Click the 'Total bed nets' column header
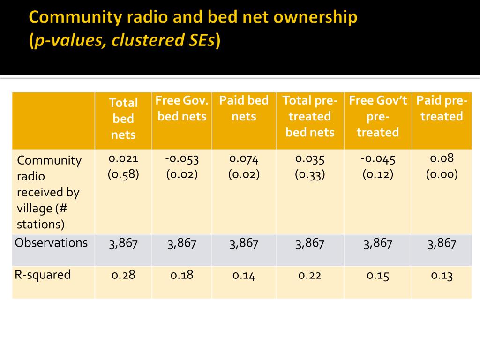coord(123,119)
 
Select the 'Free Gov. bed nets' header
coord(182,108)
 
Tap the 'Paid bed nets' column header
coord(244,108)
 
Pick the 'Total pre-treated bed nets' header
coord(310,116)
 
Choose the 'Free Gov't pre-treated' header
coord(378,116)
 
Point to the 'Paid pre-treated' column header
coord(442,108)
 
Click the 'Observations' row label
coord(51,243)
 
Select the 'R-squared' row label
coord(43,274)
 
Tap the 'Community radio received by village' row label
coord(49,192)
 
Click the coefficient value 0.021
coord(123,158)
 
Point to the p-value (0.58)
coord(123,174)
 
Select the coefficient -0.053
coord(182,158)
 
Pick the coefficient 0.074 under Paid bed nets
coord(244,158)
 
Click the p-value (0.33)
coord(310,174)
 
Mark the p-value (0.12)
coord(378,174)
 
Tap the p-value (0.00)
coord(442,174)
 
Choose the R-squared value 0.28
coord(123,275)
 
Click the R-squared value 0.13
coord(442,275)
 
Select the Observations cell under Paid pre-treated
coord(442,243)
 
